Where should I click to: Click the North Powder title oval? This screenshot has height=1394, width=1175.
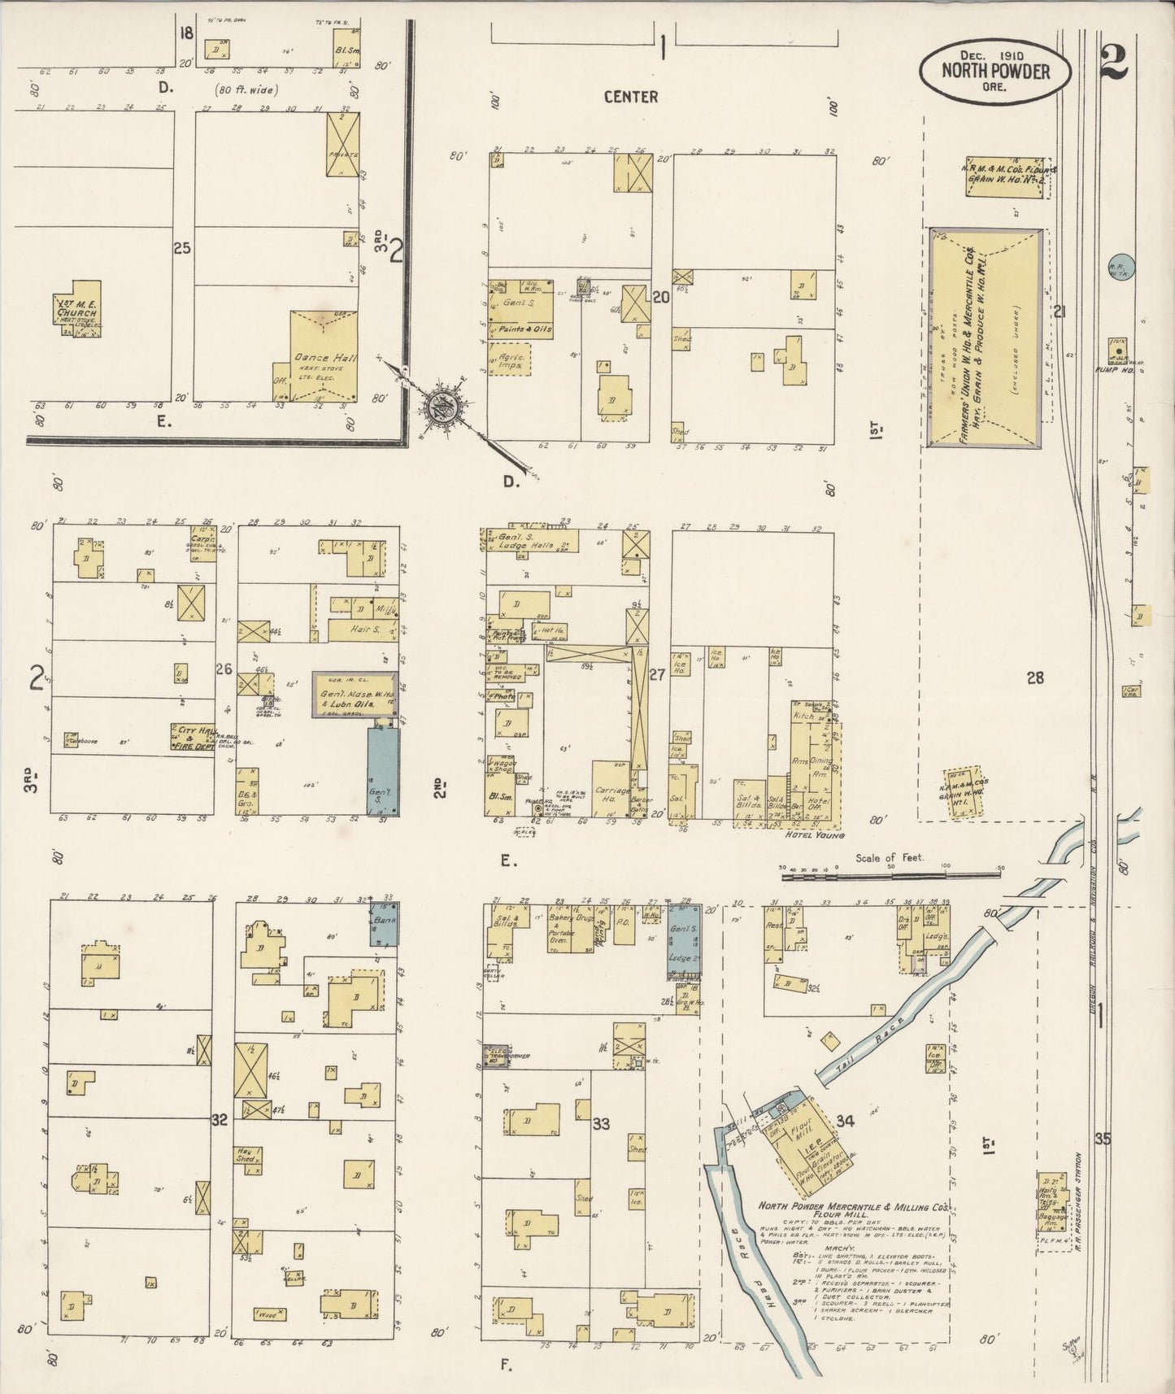tap(994, 71)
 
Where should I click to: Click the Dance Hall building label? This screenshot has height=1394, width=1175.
tap(321, 358)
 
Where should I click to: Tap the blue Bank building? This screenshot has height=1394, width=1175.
tap(385, 923)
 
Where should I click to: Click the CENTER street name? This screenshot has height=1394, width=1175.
tap(630, 97)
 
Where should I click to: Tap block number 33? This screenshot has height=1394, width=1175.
tap(601, 1125)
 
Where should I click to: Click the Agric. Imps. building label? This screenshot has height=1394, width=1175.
tap(510, 361)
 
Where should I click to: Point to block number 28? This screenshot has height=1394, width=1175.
tap(1034, 677)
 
